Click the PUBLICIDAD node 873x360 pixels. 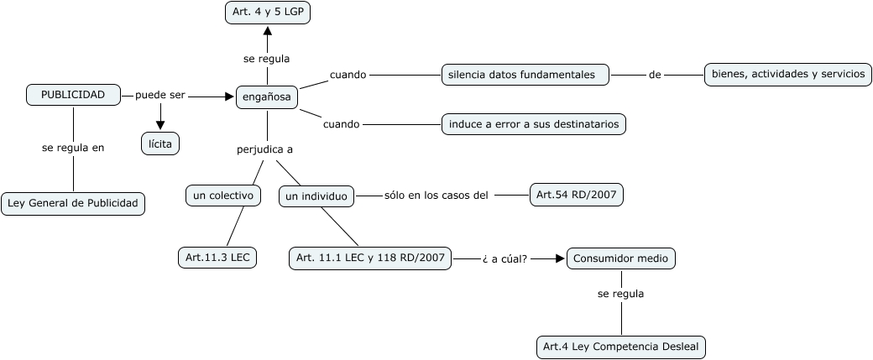pyautogui.click(x=73, y=95)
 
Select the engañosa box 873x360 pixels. pyautogui.click(x=267, y=97)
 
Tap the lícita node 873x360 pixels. pyautogui.click(x=160, y=144)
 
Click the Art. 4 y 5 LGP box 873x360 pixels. pyautogui.click(x=268, y=13)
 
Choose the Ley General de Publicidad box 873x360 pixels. pyautogui.click(x=73, y=204)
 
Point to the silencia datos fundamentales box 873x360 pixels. pyautogui.click(x=525, y=74)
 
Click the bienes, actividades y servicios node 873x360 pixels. pyautogui.click(x=788, y=75)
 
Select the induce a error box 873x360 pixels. pyautogui.click(x=534, y=124)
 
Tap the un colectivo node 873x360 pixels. pyautogui.click(x=222, y=196)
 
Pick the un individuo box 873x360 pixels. pyautogui.click(x=316, y=196)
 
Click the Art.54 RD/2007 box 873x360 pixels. pyautogui.click(x=576, y=195)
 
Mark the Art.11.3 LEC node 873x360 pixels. pyautogui.click(x=217, y=258)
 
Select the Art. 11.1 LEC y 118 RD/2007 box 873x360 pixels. pyautogui.click(x=370, y=258)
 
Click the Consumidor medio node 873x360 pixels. pyautogui.click(x=621, y=258)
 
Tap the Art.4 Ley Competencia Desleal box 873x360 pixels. pyautogui.click(x=621, y=347)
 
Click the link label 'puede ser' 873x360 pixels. pyautogui.click(x=160, y=95)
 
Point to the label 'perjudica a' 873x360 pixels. pyautogui.click(x=265, y=149)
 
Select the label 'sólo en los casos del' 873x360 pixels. pyautogui.click(x=436, y=196)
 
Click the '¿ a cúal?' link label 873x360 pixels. pyautogui.click(x=505, y=258)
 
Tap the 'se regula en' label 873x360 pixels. pyautogui.click(x=73, y=148)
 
